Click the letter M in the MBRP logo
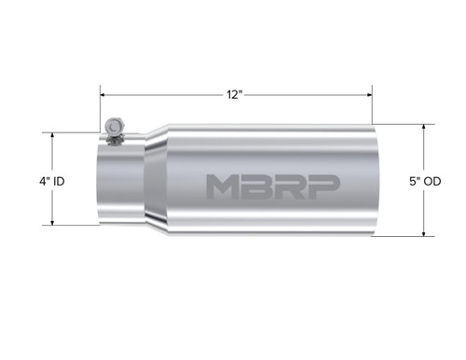coord(221,187)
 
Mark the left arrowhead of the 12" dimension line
coord(105,94)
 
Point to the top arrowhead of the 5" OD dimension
coord(424,129)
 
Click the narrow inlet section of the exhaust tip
coord(121,182)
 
